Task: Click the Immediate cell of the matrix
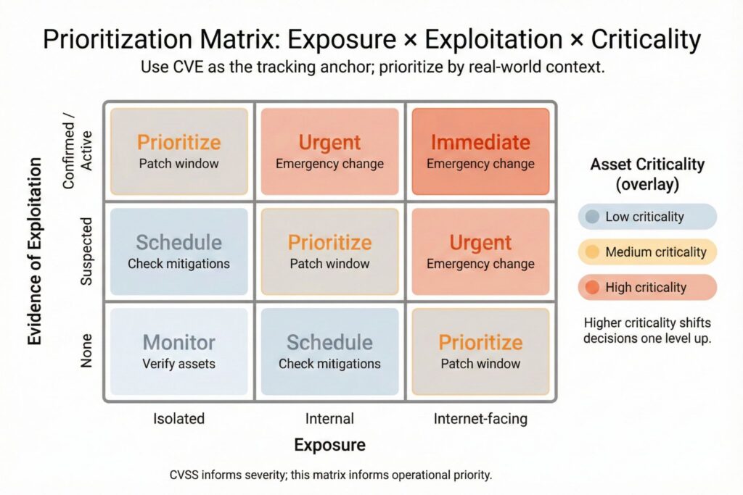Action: click(480, 151)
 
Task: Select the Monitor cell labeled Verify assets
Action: click(178, 352)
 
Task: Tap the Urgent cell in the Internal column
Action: click(329, 151)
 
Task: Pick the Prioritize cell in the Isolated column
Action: click(178, 151)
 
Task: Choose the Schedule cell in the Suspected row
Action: click(178, 251)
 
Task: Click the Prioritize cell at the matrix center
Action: click(329, 251)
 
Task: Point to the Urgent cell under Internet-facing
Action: click(480, 251)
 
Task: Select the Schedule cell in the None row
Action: click(329, 352)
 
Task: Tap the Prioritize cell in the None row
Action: click(480, 352)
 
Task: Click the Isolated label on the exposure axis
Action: click(178, 418)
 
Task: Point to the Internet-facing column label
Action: click(480, 418)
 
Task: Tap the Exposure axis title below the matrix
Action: click(329, 444)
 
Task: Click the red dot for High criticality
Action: click(592, 288)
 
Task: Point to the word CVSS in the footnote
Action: click(184, 475)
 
